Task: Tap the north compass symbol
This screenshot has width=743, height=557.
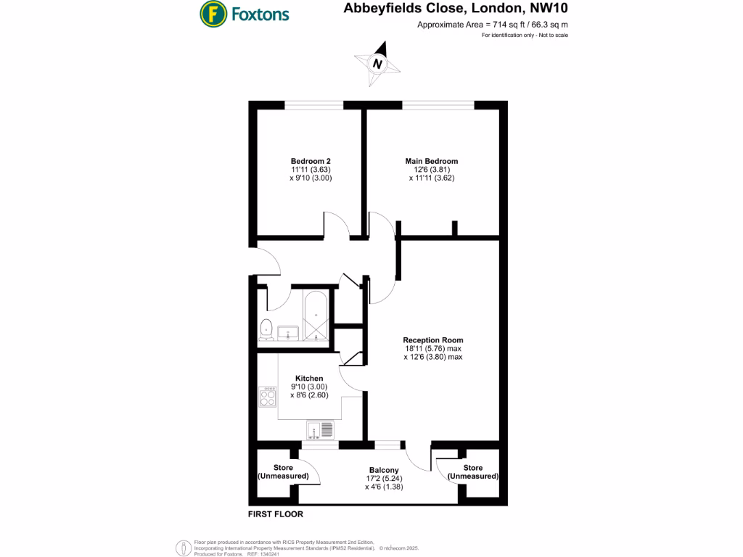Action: [x=377, y=64]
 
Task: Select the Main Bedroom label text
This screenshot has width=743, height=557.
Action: [x=432, y=161]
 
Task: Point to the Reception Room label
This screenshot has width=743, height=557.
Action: [x=433, y=339]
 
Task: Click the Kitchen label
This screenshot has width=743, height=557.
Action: [x=309, y=378]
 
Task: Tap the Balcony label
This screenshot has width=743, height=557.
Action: [x=384, y=470]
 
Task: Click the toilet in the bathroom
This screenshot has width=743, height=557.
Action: [x=266, y=328]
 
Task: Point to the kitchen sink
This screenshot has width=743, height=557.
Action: [x=319, y=430]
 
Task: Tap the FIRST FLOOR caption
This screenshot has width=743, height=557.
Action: [x=276, y=514]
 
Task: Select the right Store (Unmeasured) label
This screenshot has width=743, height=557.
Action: [x=473, y=472]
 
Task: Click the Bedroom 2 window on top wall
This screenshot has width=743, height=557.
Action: [x=313, y=105]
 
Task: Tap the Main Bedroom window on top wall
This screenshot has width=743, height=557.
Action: [x=438, y=105]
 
